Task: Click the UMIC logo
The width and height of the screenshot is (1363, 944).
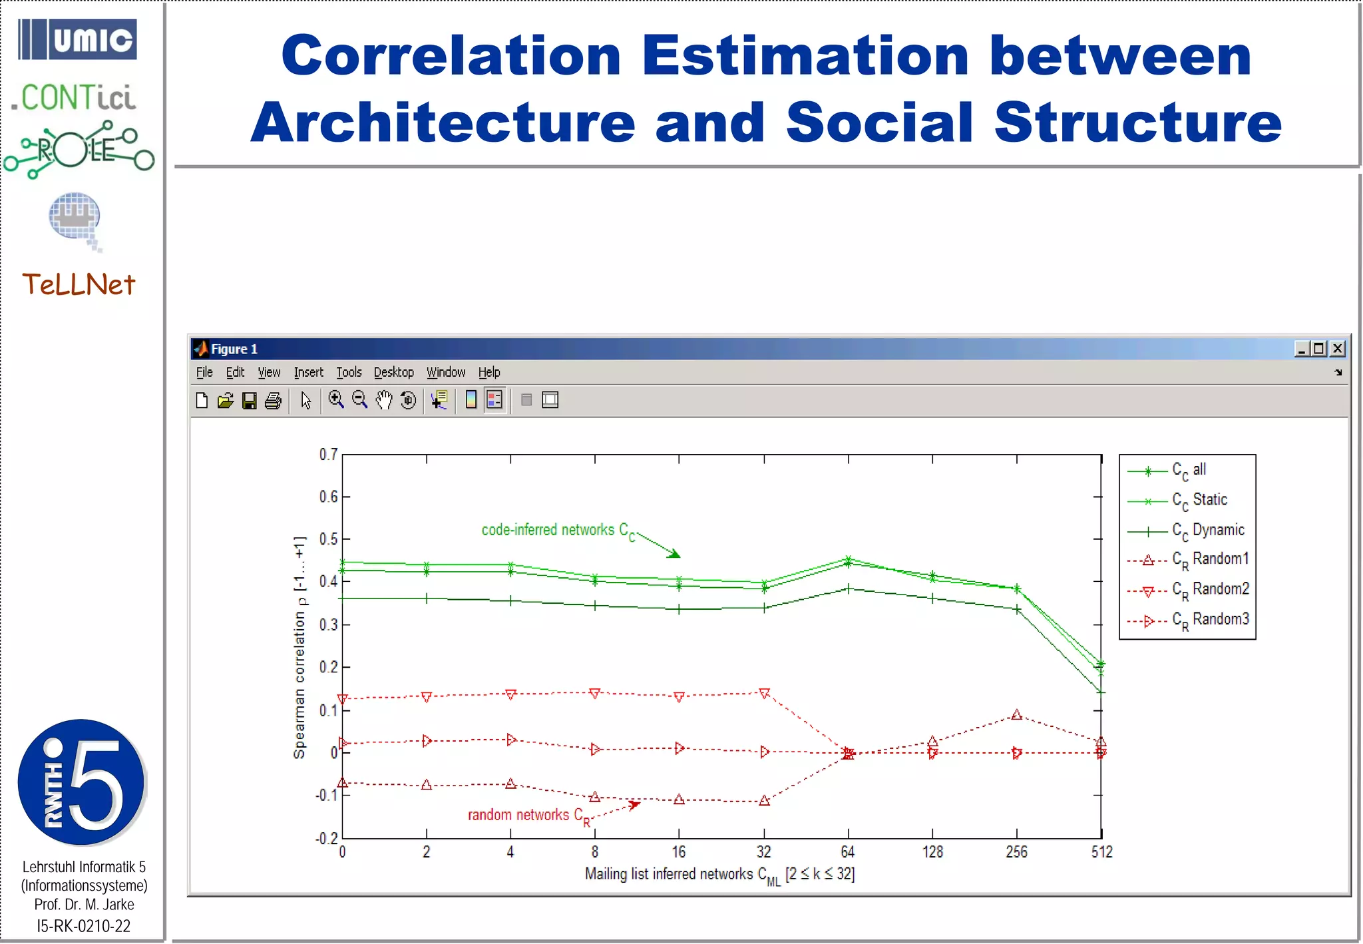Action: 77,40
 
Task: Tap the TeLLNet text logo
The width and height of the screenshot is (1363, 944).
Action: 79,285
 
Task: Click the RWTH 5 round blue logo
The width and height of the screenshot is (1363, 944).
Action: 81,782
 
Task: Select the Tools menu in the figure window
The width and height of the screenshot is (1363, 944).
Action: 349,372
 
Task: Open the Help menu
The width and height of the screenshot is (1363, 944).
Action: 489,372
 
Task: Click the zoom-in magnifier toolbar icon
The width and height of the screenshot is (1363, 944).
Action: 336,400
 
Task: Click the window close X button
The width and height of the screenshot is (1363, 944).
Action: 1338,349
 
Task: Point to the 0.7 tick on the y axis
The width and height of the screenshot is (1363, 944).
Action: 328,455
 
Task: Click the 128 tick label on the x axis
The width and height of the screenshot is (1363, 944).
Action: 932,852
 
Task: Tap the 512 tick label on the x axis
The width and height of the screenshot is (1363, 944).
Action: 1101,852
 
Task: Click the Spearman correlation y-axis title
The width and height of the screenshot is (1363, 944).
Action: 299,647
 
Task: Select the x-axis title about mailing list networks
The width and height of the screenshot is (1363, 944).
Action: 719,874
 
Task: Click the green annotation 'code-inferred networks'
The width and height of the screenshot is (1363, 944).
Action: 558,531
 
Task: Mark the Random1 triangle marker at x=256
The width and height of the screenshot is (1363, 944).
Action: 1016,716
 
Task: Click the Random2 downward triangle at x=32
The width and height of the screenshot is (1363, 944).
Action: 764,694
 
